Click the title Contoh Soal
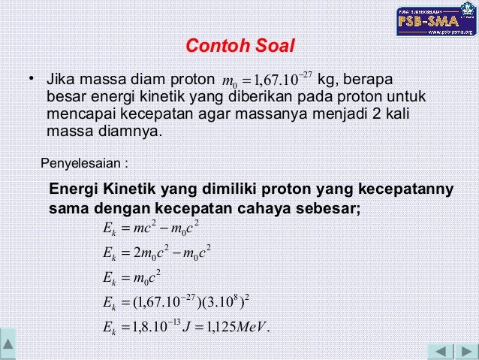[x=240, y=47]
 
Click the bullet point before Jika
[x=32, y=79]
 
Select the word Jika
[x=61, y=80]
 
